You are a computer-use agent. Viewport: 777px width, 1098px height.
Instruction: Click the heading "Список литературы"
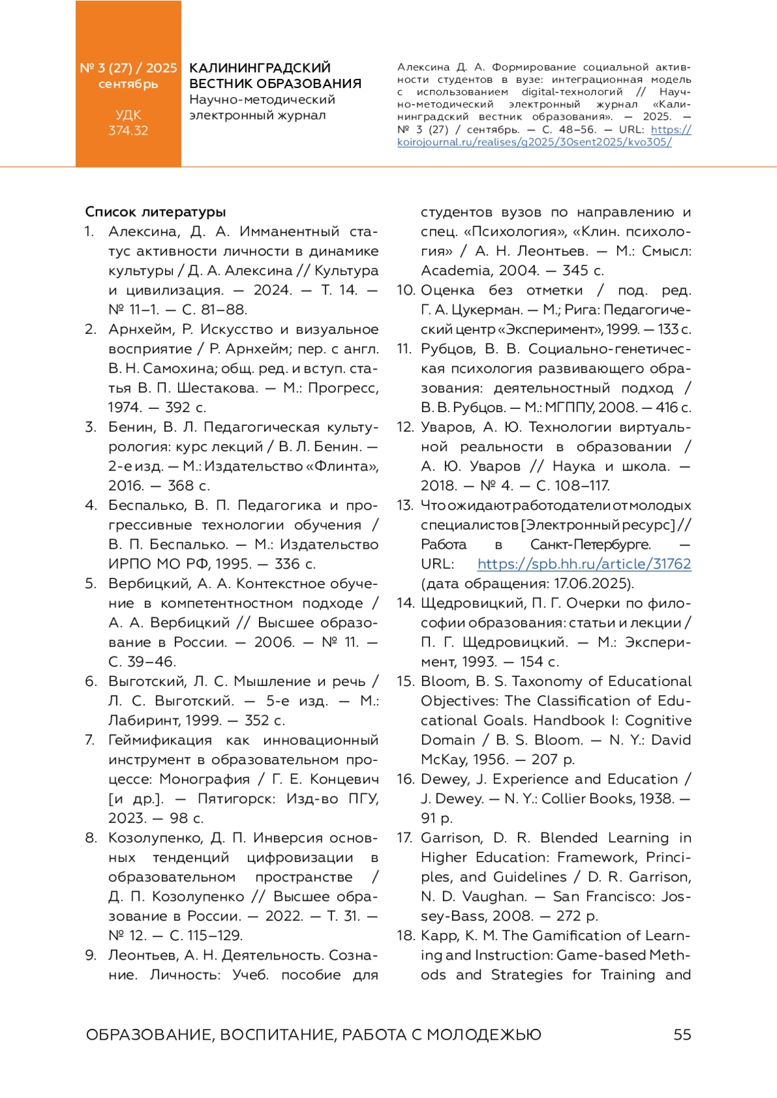pyautogui.click(x=155, y=212)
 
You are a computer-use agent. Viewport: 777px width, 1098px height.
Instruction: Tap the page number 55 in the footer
pyautogui.click(x=682, y=1035)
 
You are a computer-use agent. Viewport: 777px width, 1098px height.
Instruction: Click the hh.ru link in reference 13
pyautogui.click(x=584, y=564)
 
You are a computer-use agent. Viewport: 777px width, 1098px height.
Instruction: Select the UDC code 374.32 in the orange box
pyautogui.click(x=128, y=131)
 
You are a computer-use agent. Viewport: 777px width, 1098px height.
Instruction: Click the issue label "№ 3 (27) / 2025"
pyautogui.click(x=128, y=68)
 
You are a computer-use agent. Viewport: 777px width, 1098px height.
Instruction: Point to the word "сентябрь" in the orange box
pyautogui.click(x=128, y=84)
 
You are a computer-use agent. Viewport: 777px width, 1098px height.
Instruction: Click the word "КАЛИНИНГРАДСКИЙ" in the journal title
pyautogui.click(x=260, y=68)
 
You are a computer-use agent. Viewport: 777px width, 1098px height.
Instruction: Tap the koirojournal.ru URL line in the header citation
pyautogui.click(x=534, y=142)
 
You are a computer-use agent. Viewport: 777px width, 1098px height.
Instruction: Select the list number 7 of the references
pyautogui.click(x=91, y=740)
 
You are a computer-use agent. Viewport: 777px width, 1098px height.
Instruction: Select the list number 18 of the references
pyautogui.click(x=405, y=936)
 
